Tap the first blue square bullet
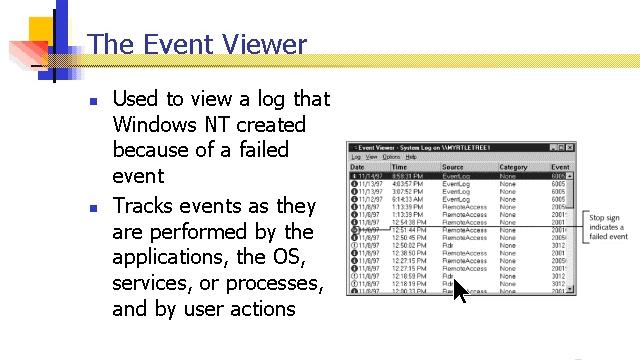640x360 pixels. (x=93, y=102)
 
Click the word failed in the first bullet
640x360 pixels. (x=260, y=151)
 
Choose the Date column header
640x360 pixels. (x=358, y=167)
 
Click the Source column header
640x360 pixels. (x=453, y=167)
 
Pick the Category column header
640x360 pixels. (x=513, y=167)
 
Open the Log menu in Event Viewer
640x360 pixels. (x=355, y=157)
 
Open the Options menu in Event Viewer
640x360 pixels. (x=390, y=157)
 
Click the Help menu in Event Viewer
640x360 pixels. (x=411, y=157)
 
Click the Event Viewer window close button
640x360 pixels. (x=568, y=147)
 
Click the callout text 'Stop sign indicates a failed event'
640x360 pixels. (x=608, y=227)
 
